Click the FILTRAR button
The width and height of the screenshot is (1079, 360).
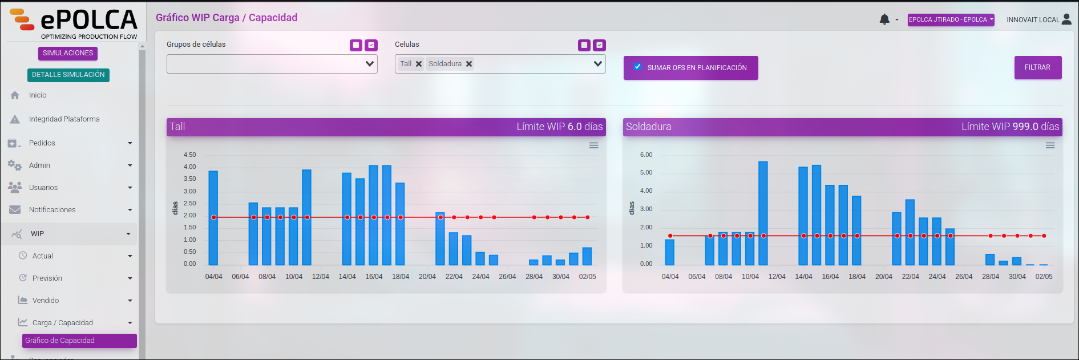tap(1037, 67)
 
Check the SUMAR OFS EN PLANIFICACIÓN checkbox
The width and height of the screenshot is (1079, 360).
tap(637, 67)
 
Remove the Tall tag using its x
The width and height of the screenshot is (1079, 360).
tap(419, 64)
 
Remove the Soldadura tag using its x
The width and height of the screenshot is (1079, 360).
tap(469, 64)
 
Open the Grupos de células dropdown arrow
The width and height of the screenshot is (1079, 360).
tap(370, 64)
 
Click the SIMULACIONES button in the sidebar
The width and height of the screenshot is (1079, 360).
tap(68, 53)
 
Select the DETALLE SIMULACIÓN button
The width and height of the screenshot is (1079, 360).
tap(68, 75)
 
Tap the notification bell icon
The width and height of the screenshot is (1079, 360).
tap(884, 19)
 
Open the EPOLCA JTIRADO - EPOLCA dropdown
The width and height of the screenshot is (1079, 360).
tap(951, 19)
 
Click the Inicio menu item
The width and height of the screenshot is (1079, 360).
tap(38, 95)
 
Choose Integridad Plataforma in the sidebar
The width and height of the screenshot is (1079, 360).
tap(64, 119)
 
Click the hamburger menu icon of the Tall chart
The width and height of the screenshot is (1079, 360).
tap(593, 145)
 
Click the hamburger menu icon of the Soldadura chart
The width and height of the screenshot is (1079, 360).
tap(1050, 145)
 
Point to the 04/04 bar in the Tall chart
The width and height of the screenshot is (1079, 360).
tap(213, 218)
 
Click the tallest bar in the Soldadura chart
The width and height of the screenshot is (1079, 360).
tap(763, 213)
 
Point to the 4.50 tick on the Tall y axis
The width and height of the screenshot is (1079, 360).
tap(189, 155)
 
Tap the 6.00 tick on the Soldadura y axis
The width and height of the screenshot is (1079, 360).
tap(646, 155)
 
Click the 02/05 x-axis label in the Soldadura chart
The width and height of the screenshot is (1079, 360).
tap(1044, 277)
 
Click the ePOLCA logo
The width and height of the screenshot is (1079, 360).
tap(74, 23)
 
